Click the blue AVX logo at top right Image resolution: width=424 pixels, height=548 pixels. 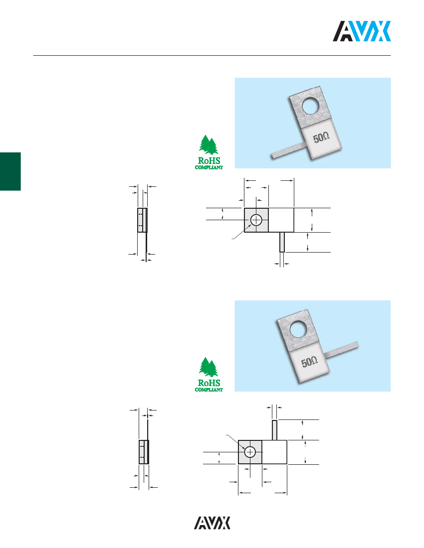click(362, 31)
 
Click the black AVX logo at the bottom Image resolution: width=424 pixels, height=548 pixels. click(212, 523)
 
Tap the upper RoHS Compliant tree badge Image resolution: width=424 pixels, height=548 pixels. click(209, 152)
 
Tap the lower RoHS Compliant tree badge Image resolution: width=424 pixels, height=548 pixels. click(209, 375)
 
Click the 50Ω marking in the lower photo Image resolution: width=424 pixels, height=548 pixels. click(309, 361)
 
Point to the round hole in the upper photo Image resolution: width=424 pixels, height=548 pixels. click(313, 106)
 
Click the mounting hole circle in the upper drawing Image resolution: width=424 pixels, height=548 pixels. click(256, 220)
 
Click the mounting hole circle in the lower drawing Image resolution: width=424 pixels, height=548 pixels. click(250, 452)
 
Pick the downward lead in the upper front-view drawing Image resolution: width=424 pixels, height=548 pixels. click(282, 242)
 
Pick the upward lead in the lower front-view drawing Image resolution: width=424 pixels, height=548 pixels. click(275, 430)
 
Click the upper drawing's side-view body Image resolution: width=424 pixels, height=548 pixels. click(142, 220)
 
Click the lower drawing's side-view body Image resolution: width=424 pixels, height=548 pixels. click(144, 452)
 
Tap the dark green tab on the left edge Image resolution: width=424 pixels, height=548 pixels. click(10, 171)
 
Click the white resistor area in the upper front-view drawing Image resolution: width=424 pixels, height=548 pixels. click(281, 220)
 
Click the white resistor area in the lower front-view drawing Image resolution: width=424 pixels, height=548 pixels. click(275, 452)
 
